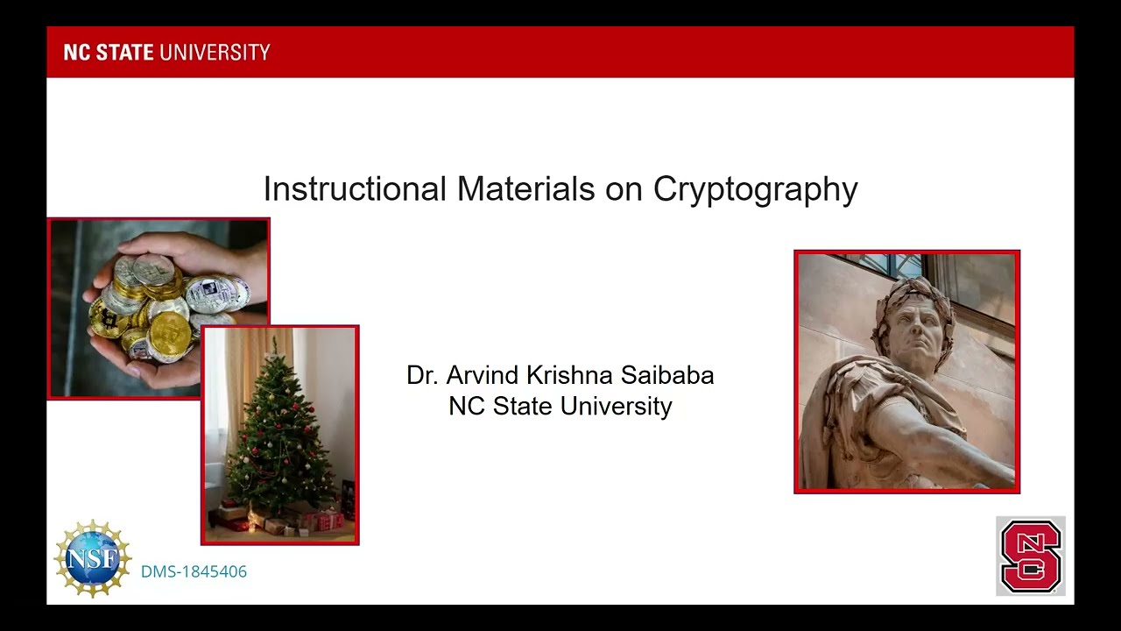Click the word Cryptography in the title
tap(755, 189)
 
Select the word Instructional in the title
tap(355, 189)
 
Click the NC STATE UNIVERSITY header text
tap(166, 53)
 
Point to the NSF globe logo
tap(92, 558)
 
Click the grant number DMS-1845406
tap(194, 571)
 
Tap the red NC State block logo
tap(1030, 556)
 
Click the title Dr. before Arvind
tap(422, 375)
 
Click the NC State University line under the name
tap(560, 406)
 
